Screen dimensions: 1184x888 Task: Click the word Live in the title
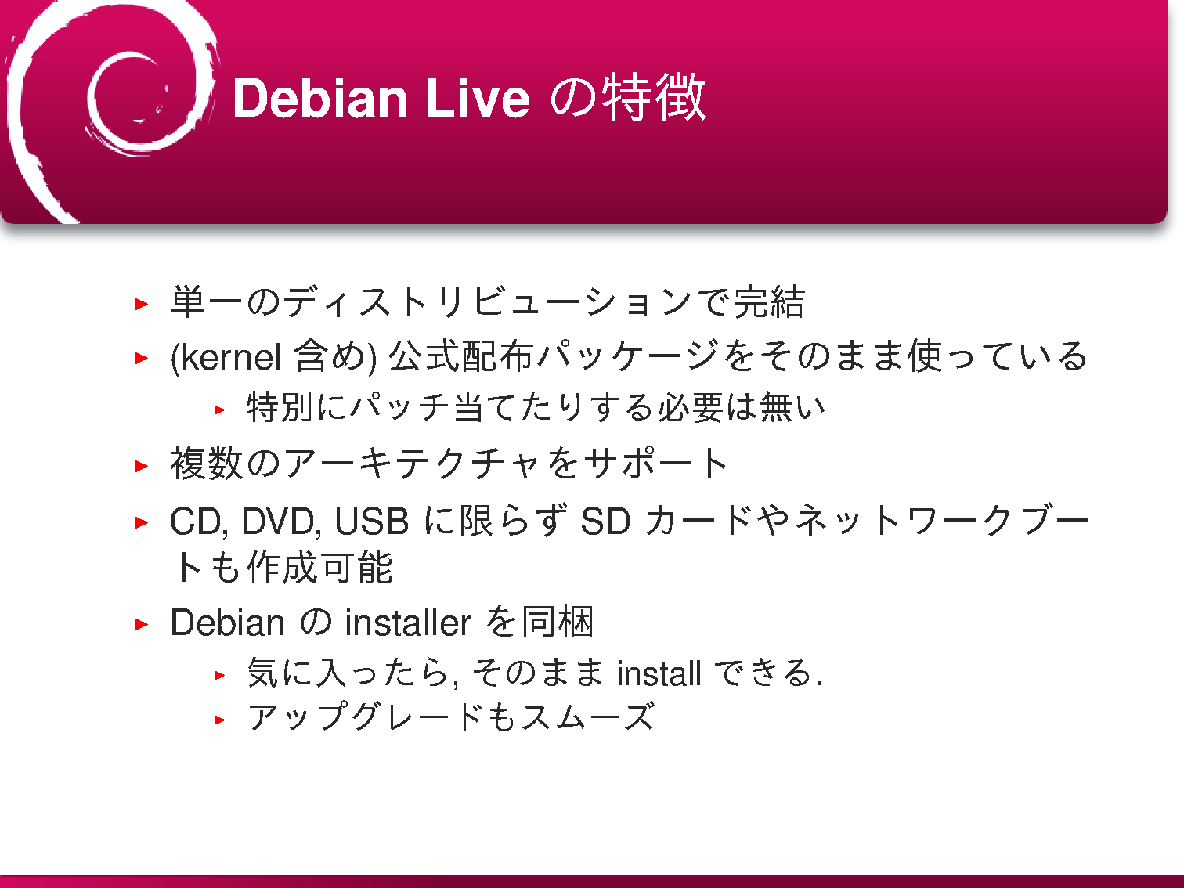[478, 98]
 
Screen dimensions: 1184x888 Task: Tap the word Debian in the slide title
[319, 98]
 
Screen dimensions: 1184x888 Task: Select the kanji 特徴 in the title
[653, 98]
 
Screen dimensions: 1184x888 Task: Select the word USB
[372, 521]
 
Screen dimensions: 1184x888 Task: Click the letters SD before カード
[605, 521]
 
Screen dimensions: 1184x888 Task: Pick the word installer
[408, 623]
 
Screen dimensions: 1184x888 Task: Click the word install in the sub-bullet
[659, 673]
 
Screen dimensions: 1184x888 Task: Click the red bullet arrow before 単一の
[141, 304]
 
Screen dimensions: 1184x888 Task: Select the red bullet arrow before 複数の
[141, 466]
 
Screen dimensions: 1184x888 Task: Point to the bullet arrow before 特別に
[219, 410]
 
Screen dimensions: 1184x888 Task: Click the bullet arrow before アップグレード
[219, 720]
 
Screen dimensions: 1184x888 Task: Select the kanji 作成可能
[319, 569]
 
